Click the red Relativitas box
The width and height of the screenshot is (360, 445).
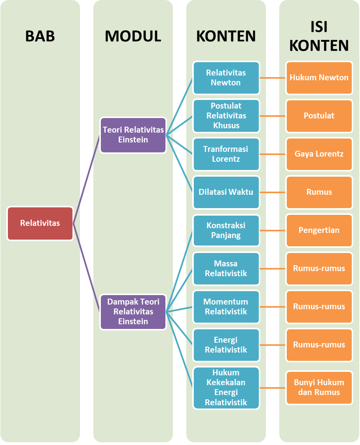coord(40,223)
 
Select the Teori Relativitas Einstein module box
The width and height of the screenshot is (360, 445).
coord(133,135)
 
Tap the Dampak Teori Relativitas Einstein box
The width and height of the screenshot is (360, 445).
coord(133,312)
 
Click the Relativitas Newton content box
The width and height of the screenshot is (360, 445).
coord(226,78)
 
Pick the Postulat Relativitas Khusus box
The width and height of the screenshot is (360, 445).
coord(226,116)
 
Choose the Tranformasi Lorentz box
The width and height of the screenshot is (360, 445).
coord(226,154)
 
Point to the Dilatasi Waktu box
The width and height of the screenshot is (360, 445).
coord(226,192)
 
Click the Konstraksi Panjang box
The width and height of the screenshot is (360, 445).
coord(226,230)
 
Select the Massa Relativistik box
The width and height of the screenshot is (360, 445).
coord(226,268)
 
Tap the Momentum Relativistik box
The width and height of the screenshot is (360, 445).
coord(226,307)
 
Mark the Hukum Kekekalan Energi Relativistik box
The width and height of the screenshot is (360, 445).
coord(226,387)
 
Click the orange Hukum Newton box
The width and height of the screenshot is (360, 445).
coord(319,78)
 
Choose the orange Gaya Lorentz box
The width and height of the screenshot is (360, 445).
coord(319,154)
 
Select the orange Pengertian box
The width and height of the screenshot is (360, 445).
coord(319,230)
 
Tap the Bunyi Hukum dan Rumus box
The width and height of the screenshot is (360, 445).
coord(319,387)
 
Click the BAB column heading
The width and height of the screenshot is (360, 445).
coord(40,36)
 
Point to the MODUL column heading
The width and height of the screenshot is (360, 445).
coord(133,36)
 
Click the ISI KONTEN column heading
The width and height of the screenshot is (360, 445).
coord(319,36)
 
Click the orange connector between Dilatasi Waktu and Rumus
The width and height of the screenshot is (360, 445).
coord(273,192)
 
